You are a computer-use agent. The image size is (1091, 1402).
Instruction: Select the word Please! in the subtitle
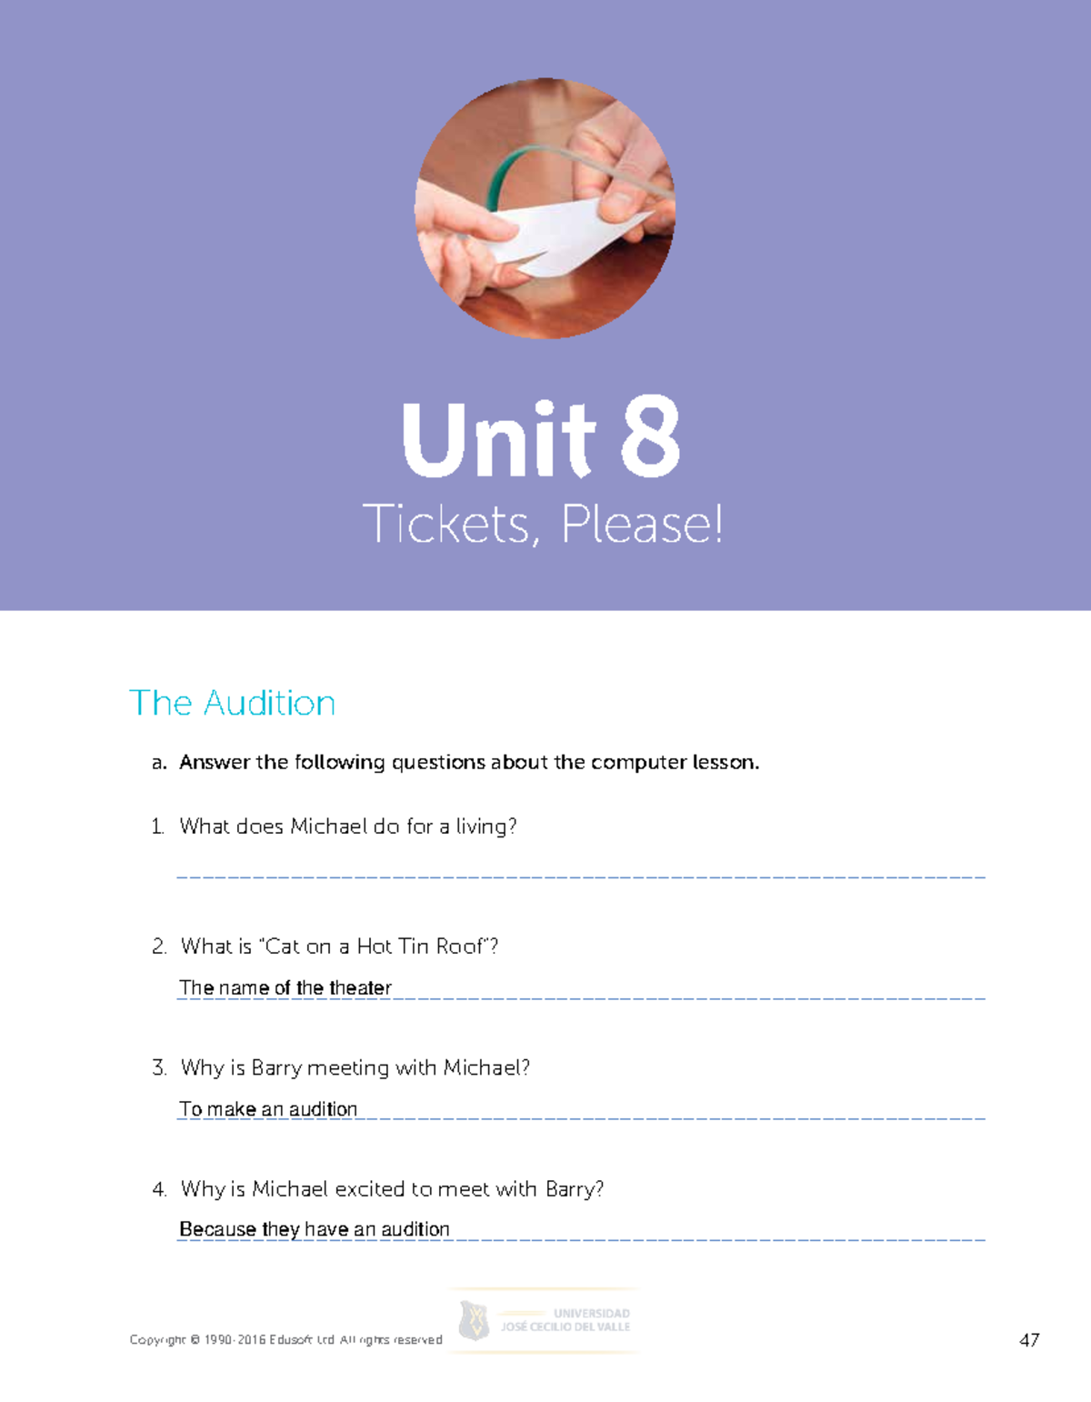(643, 525)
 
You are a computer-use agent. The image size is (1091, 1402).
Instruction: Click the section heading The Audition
(233, 703)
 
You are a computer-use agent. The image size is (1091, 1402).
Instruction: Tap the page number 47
(1029, 1340)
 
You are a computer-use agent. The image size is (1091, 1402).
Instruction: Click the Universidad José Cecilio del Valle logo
(545, 1320)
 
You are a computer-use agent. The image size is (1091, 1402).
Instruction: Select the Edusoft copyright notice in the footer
(285, 1340)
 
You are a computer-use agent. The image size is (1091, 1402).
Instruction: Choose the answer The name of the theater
(285, 987)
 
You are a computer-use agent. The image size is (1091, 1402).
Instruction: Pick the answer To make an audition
(268, 1109)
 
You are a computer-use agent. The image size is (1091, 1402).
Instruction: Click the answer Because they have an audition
(315, 1229)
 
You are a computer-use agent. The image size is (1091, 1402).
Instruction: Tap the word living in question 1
(485, 826)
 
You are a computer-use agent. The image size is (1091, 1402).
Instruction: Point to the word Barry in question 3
(275, 1067)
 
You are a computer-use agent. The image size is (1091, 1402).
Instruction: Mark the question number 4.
(159, 1189)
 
